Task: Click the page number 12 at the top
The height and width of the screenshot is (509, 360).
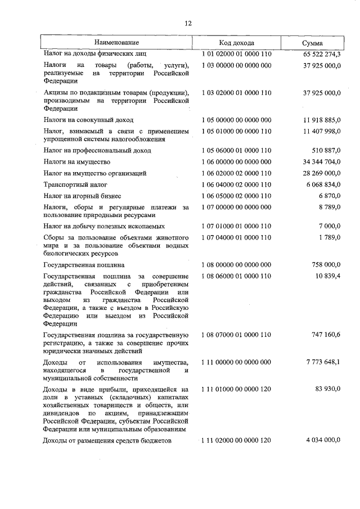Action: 188,23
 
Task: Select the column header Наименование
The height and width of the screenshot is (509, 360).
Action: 116,43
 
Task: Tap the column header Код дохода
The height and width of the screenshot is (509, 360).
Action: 236,43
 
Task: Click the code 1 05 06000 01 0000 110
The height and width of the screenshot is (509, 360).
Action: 236,150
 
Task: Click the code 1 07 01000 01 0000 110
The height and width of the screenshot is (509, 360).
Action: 236,226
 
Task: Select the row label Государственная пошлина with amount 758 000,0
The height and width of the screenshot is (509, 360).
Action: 84,264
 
